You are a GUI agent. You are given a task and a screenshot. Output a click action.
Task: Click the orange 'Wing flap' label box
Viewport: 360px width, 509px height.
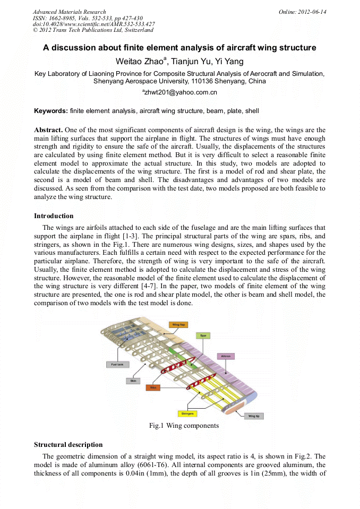click(177, 324)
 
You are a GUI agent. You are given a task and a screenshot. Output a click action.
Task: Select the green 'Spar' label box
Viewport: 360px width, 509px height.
click(202, 335)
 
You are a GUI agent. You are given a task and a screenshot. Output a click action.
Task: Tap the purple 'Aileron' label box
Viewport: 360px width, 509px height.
click(226, 356)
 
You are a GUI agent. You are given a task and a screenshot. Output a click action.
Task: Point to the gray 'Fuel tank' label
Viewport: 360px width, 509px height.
click(114, 365)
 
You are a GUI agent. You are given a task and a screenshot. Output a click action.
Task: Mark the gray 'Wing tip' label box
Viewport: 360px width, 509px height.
click(253, 416)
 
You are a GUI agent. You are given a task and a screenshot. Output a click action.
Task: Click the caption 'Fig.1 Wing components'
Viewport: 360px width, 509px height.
click(184, 426)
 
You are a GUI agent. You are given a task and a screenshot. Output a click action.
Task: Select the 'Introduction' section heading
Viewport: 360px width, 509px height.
click(54, 216)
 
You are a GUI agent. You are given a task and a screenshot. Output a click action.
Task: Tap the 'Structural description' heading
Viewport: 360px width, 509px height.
click(68, 444)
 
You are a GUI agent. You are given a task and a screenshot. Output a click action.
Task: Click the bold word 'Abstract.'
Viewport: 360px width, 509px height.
click(48, 130)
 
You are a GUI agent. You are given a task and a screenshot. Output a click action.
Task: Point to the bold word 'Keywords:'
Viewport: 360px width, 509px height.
click(51, 111)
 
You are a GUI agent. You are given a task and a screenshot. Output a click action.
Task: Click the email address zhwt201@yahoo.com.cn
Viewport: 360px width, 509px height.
click(181, 92)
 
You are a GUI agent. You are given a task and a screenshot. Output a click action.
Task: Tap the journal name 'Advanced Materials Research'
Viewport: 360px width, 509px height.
click(69, 12)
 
